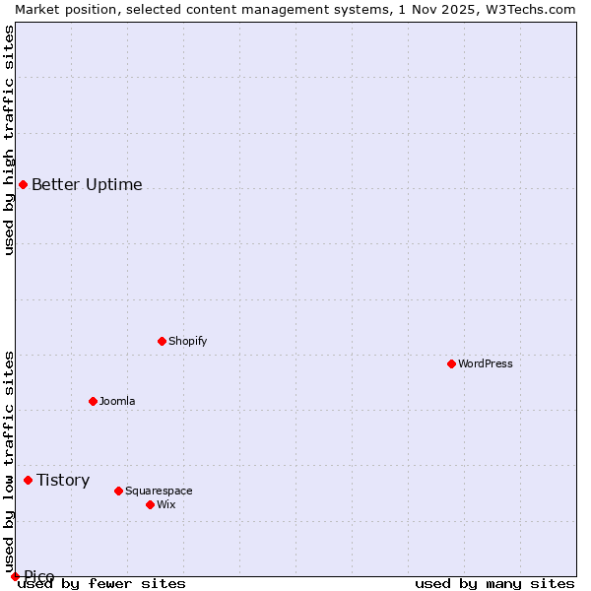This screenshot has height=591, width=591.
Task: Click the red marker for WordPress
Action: pos(451,363)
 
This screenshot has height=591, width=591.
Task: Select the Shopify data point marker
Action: pos(162,341)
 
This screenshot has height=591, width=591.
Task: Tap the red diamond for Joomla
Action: pos(93,401)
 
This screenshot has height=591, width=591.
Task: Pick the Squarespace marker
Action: pos(118,491)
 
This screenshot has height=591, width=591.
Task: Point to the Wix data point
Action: pos(150,504)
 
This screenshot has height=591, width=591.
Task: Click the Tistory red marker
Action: pos(28,480)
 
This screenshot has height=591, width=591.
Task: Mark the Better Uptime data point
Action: pos(23,184)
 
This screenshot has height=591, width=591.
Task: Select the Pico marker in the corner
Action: pos(15,576)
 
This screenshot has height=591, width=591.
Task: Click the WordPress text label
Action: pos(486,363)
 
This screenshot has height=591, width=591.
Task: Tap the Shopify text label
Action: pos(187,341)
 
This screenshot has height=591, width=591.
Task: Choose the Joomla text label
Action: pos(117,401)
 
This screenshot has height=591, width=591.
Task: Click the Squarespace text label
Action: pos(159,491)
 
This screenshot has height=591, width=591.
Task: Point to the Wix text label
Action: pos(165,504)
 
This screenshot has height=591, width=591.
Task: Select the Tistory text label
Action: pos(63,480)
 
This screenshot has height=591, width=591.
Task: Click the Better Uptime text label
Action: pos(87,184)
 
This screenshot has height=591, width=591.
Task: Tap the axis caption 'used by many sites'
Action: pos(494,583)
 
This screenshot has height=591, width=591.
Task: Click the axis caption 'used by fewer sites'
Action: pos(102,583)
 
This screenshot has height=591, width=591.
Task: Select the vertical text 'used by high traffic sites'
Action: pos(9,140)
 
